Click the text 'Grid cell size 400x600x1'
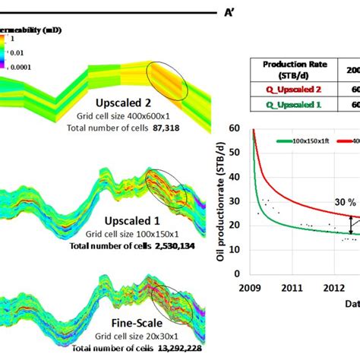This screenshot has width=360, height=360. click(125, 118)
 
